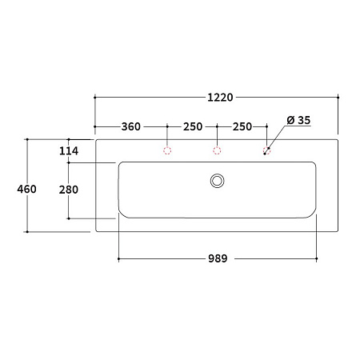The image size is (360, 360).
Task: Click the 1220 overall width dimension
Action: tap(220, 98)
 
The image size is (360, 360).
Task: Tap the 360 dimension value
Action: tap(130, 126)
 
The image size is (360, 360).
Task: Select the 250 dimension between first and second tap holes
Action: tap(193, 126)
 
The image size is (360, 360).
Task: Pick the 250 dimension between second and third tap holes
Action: tap(242, 126)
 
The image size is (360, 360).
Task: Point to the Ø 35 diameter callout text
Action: tap(298, 120)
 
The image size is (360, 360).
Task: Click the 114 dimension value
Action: tap(69, 151)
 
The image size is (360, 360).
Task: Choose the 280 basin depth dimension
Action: tap(69, 190)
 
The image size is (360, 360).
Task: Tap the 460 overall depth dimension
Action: tap(26, 189)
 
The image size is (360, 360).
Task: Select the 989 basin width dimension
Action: tap(218, 258)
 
